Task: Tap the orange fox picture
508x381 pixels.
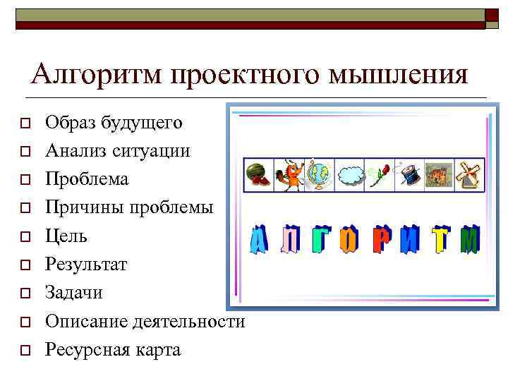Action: point(289,175)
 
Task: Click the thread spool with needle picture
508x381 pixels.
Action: point(409,175)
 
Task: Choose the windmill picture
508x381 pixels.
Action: point(469,175)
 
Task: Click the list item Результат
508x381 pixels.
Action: point(86,265)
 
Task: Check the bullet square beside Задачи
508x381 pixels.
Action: point(24,294)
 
